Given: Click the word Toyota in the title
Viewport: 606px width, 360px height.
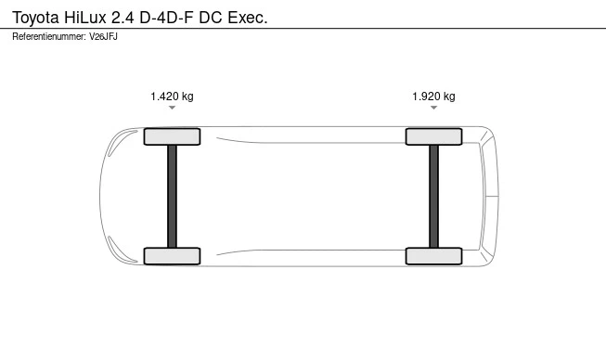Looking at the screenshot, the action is point(35,18).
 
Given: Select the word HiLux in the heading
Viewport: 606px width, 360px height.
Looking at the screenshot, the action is point(85,18).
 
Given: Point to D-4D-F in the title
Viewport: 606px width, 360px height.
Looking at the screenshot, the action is point(166,18).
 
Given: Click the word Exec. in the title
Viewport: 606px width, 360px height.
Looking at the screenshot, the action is point(248,18).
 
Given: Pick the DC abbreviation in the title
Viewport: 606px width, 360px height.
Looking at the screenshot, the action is point(211,18).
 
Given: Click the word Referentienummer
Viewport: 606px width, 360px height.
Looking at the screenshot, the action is point(49,37).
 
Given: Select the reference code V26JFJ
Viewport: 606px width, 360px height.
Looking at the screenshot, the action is point(103,37).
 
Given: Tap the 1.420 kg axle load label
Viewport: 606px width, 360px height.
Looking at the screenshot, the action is point(172,96).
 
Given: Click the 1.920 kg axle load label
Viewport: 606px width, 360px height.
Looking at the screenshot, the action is point(433,96).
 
